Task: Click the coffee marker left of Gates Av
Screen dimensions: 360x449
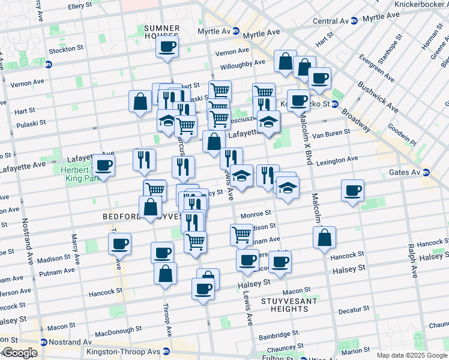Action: point(352,191)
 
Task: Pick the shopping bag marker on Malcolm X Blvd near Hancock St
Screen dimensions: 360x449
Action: point(324,238)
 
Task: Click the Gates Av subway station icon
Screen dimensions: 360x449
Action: point(426,173)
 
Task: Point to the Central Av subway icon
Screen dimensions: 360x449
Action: point(354,21)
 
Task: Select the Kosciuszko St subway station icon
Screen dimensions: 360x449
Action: point(334,104)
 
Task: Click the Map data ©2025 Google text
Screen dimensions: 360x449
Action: point(411,355)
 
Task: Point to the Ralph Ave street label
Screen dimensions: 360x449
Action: point(412,260)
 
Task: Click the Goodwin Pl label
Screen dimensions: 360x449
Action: point(403,139)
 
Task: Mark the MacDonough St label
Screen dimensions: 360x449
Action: point(118,329)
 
